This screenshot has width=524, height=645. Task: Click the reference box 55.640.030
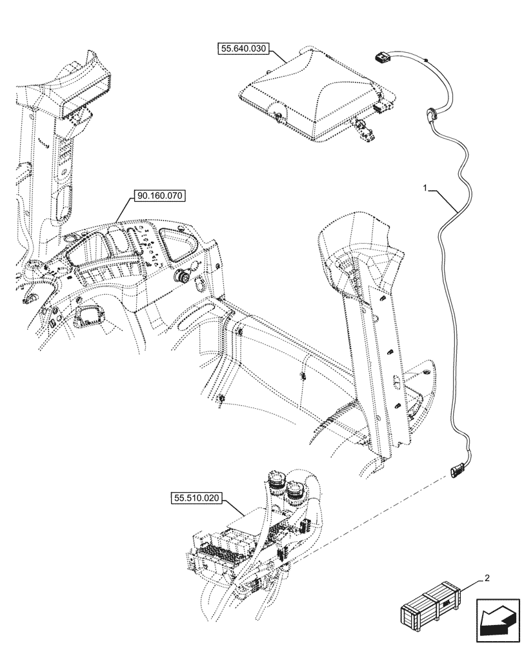click(x=245, y=49)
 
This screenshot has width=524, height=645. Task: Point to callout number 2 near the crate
click(x=488, y=579)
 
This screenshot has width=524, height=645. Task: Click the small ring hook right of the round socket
click(x=199, y=282)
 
